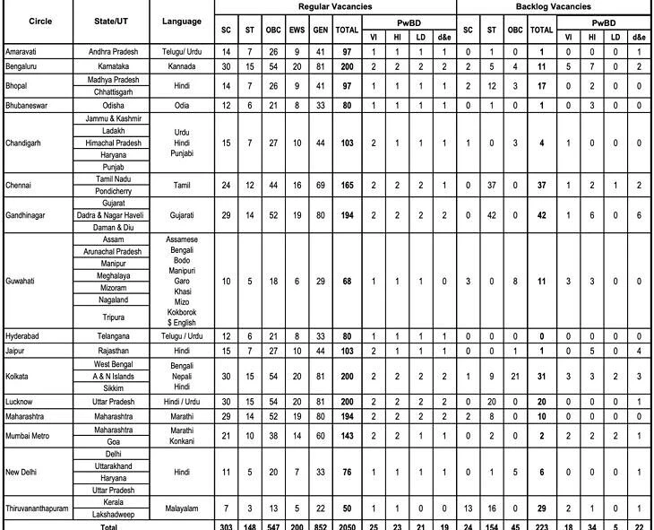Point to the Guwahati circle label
coord(22,281)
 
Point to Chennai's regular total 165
coord(347,186)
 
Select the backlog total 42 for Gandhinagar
coord(540,217)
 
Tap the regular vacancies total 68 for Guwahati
coord(347,281)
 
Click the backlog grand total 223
coord(540,526)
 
